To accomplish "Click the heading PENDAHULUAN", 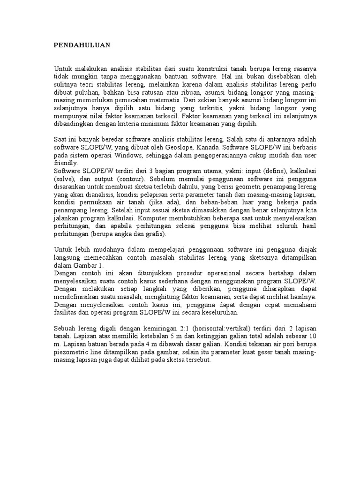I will click(x=82, y=45).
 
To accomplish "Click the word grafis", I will click(x=157, y=234).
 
